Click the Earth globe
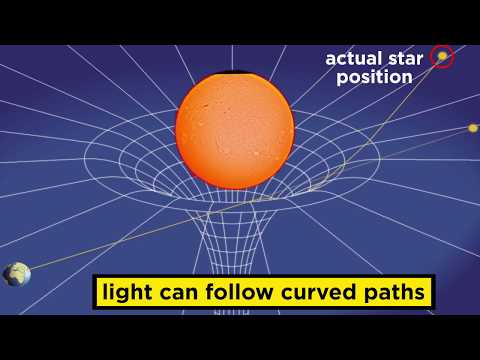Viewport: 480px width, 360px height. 17,274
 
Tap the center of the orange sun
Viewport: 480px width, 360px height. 235,128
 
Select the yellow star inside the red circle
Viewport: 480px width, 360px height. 441,57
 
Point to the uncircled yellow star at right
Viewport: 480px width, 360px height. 473,128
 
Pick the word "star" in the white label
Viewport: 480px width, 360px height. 406,58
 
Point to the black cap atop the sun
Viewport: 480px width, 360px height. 235,74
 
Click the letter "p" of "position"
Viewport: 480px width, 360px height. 332,77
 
